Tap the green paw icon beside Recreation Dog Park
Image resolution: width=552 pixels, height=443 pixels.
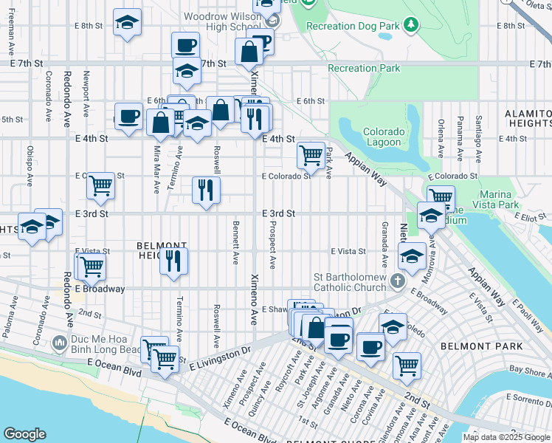412,26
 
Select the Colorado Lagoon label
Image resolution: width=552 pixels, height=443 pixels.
384,137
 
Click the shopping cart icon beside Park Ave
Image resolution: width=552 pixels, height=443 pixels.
311,156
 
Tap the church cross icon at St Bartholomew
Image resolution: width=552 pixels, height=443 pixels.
397,281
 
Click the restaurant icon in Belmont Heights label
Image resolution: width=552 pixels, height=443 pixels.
174,261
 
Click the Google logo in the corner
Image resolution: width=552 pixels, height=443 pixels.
25,434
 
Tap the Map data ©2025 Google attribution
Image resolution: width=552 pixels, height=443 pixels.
506,437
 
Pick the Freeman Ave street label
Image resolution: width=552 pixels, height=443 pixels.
12,35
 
